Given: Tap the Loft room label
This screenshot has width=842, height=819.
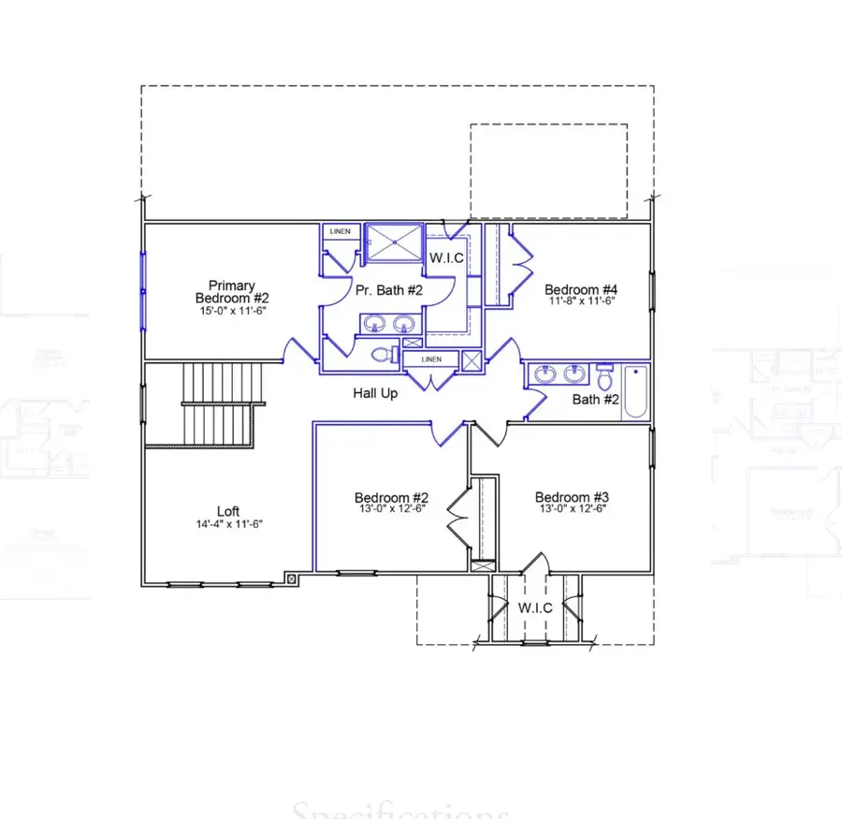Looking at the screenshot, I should pyautogui.click(x=228, y=511).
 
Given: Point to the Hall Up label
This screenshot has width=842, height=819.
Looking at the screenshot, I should pyautogui.click(x=375, y=393).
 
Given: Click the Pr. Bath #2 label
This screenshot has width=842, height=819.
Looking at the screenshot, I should pyautogui.click(x=389, y=290).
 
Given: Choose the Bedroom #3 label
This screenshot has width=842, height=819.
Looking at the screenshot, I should pyautogui.click(x=572, y=497).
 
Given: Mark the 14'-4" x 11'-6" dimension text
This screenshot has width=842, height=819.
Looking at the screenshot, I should pyautogui.click(x=228, y=524).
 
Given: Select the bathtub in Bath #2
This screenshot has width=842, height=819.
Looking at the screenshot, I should pyautogui.click(x=635, y=391).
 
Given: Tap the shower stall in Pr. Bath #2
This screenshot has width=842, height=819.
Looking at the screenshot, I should pyautogui.click(x=393, y=242).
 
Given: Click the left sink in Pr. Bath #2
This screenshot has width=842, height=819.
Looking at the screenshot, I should pyautogui.click(x=375, y=324).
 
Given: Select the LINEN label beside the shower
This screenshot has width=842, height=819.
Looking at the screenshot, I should pyautogui.click(x=340, y=231).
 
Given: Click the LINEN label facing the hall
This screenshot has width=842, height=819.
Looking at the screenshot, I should pyautogui.click(x=430, y=359).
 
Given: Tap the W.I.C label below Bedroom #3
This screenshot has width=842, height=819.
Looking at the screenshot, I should pyautogui.click(x=534, y=608).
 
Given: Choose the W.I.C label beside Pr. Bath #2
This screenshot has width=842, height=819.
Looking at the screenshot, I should pyautogui.click(x=445, y=258).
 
